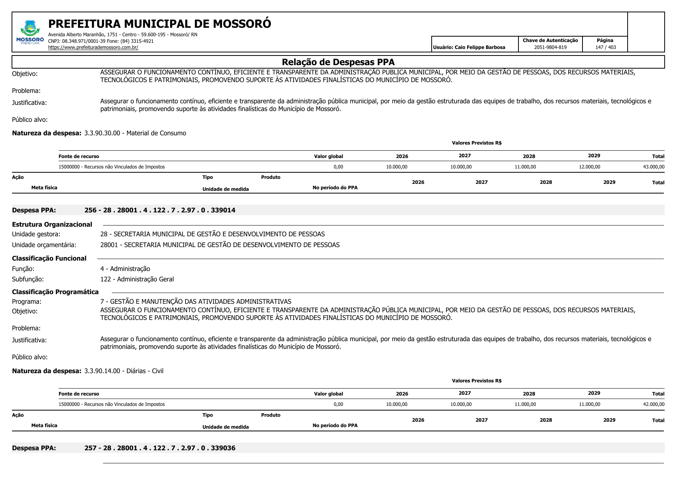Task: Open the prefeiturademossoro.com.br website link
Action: coord(93,47)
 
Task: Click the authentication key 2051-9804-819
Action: coord(550,47)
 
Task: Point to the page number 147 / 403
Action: coord(605,47)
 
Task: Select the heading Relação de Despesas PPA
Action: coord(338,62)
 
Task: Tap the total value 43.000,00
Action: coord(653,167)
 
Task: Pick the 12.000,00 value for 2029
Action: coord(589,167)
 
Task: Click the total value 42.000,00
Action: coord(653,404)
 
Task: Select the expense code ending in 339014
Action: coord(160,210)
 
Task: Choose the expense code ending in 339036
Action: coord(160,448)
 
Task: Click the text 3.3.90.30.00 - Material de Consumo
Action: coord(135,133)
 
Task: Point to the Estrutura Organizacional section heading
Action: coord(52,224)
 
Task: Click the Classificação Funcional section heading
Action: coord(49,258)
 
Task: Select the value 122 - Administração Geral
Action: coord(137,279)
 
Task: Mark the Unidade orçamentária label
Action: coord(44,245)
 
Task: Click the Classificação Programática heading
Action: coord(55,292)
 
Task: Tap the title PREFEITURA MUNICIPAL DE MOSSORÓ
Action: coord(159,24)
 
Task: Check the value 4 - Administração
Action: coord(125,269)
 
